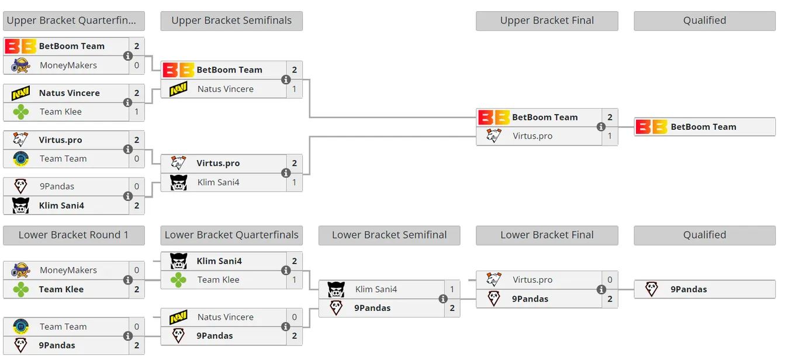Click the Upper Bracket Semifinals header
(231, 20)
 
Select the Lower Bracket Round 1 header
(74, 235)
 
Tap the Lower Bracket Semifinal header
(389, 235)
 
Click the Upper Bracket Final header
(547, 20)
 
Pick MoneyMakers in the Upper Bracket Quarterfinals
(68, 65)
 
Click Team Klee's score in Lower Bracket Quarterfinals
(294, 280)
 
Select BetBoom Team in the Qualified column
(703, 127)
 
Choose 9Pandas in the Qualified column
(689, 289)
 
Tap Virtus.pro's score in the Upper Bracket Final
(610, 136)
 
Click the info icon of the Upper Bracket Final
(601, 127)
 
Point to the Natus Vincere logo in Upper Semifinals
(178, 89)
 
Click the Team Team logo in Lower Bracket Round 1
(20, 327)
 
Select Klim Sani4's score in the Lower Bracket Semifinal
(452, 289)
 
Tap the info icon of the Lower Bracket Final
(601, 289)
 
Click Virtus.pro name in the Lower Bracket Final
(533, 280)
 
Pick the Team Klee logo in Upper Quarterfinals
(21, 112)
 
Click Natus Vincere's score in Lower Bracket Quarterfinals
(294, 317)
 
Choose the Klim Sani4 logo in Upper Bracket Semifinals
(178, 182)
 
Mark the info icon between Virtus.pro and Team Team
(128, 150)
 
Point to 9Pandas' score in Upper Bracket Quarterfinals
(137, 186)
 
